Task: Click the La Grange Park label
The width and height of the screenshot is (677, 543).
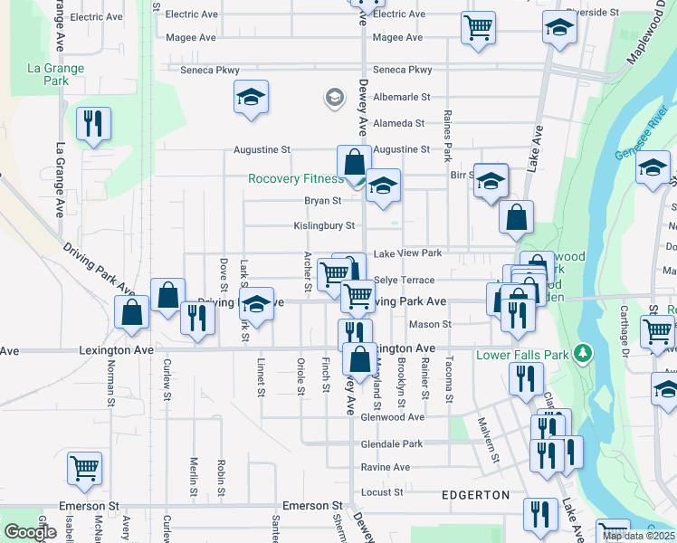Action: point(56,74)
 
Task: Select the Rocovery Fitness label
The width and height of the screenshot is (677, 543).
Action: point(295,179)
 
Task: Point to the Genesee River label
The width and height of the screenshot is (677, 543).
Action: point(642,140)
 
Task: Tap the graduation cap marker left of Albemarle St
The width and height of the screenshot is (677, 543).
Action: point(251,97)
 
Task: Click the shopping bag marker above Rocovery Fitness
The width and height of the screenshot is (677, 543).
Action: point(354,161)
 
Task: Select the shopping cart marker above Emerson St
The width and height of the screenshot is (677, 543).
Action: point(84,468)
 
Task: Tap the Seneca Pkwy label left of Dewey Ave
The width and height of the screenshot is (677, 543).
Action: point(211,70)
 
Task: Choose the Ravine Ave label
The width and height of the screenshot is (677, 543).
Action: point(386,467)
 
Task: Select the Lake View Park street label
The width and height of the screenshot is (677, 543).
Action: point(407,253)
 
